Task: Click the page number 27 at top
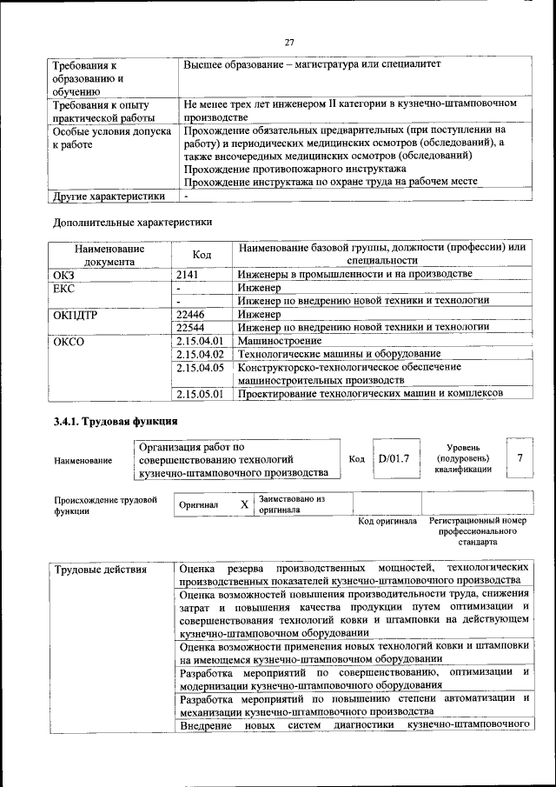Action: click(x=289, y=40)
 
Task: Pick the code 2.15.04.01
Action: click(x=200, y=341)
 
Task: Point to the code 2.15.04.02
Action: click(x=200, y=354)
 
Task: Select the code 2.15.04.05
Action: click(x=200, y=367)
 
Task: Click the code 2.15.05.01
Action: click(x=200, y=394)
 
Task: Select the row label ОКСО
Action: click(x=69, y=341)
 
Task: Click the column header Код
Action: click(x=202, y=254)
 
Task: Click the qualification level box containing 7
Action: click(x=520, y=458)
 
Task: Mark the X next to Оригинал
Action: click(x=244, y=504)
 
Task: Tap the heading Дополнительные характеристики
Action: click(x=133, y=222)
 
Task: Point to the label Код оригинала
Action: click(x=387, y=521)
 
